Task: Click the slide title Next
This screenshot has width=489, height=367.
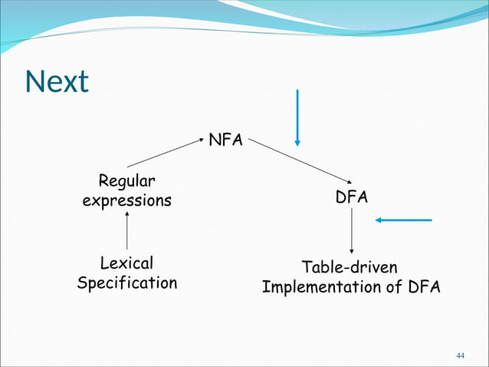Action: pyautogui.click(x=57, y=81)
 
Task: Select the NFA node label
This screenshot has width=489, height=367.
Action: pyautogui.click(x=225, y=141)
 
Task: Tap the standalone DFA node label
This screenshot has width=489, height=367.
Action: pyautogui.click(x=351, y=197)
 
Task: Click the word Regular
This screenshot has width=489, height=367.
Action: pyautogui.click(x=126, y=181)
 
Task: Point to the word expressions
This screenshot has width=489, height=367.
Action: pyautogui.click(x=126, y=201)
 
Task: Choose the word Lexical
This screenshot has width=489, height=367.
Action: pyautogui.click(x=126, y=263)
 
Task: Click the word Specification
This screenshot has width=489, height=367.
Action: pyautogui.click(x=126, y=283)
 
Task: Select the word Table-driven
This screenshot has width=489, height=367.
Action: pyautogui.click(x=350, y=267)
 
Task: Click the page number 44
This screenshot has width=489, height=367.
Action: pyautogui.click(x=460, y=355)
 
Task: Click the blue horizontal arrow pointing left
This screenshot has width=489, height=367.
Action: pyautogui.click(x=403, y=220)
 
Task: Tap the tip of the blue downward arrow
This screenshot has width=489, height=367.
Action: pyautogui.click(x=297, y=143)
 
